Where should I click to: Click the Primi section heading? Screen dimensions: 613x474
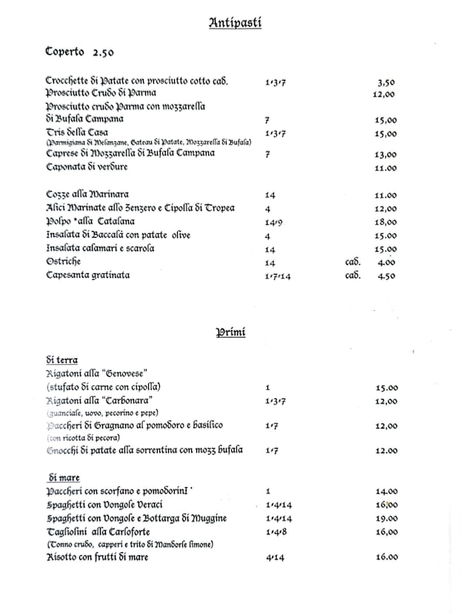tap(230, 332)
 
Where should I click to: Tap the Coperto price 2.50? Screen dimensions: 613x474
tap(103, 53)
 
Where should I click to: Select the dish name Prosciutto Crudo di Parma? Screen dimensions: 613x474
tap(101, 93)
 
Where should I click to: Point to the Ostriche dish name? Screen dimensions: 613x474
tap(63, 262)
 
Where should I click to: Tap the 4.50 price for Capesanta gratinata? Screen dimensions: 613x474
tap(387, 275)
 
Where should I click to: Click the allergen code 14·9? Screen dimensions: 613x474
tap(273, 222)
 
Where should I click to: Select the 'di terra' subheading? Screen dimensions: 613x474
tap(61, 361)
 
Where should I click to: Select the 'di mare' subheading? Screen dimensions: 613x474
tap(64, 478)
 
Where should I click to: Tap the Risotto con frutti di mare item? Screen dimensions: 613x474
tap(97, 557)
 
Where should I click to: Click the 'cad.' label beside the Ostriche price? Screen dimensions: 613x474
tap(353, 262)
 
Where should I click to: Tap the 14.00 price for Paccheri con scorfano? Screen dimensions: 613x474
tap(387, 491)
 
